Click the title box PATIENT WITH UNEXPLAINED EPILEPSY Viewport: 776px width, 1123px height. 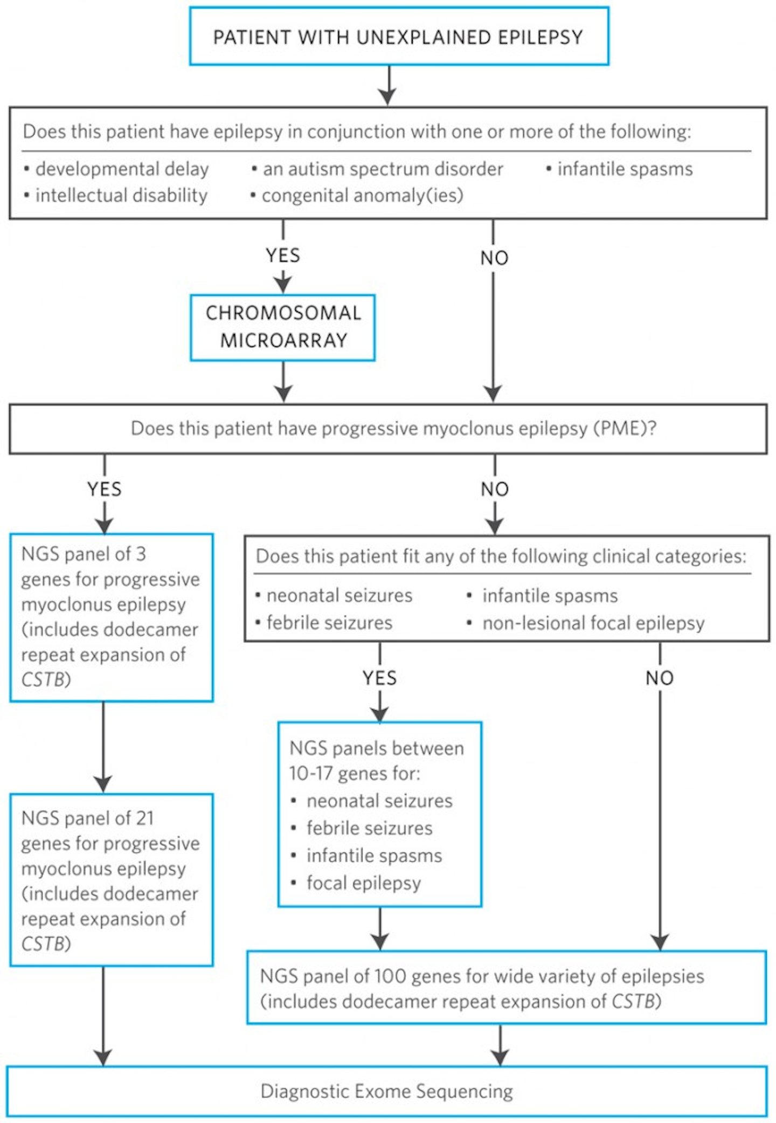coord(399,37)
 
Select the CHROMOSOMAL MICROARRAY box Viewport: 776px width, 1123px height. coord(283,327)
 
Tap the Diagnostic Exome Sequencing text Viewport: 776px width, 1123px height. coord(387,1091)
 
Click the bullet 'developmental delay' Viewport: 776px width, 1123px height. coord(122,169)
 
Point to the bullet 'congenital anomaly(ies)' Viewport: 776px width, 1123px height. coord(362,195)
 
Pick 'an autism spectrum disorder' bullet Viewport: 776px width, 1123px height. coord(383,169)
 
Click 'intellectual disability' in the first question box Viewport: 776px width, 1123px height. coord(121,195)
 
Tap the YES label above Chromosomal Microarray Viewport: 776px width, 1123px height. coord(283,255)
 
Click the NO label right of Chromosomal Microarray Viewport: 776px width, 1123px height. coord(494,258)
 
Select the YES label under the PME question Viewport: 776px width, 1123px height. coord(105,489)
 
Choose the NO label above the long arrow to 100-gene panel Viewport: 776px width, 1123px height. coord(660,678)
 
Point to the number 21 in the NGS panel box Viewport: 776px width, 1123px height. coord(144,818)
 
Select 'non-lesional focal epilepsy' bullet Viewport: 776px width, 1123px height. coord(593,623)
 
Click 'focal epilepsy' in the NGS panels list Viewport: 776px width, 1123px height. coord(364,883)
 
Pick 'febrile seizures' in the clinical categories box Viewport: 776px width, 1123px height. coord(329,623)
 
